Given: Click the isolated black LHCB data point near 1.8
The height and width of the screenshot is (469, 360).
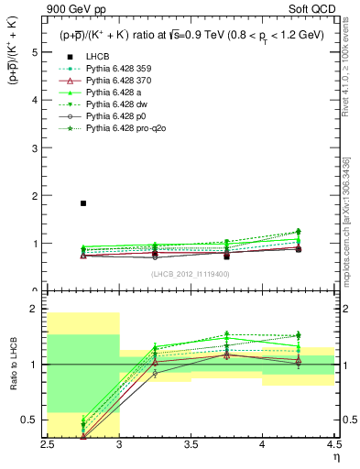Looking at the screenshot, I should pyautogui.click(x=83, y=203).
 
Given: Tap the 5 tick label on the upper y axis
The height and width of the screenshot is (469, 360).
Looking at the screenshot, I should pyautogui.click(x=35, y=53).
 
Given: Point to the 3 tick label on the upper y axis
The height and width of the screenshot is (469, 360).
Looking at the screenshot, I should pyautogui.click(x=35, y=148).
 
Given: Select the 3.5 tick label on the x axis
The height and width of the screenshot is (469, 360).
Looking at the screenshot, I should pyautogui.click(x=191, y=444).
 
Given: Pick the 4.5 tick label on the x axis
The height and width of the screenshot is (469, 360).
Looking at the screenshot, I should pyautogui.click(x=333, y=444).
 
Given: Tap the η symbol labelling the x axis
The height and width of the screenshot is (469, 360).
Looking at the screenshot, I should pyautogui.click(x=336, y=456).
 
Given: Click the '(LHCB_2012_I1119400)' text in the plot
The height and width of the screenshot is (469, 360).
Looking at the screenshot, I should pyautogui.click(x=190, y=274).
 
